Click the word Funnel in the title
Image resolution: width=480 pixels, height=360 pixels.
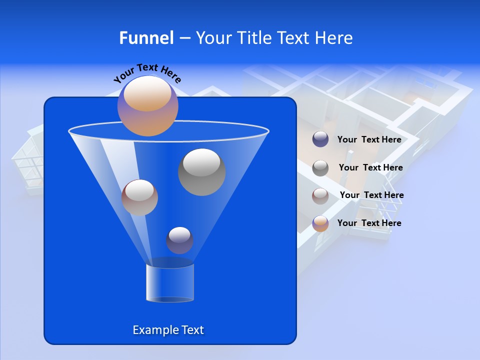point(146,38)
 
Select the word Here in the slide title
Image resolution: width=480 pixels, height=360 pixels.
point(334,38)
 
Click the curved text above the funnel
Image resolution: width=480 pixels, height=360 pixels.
point(147,72)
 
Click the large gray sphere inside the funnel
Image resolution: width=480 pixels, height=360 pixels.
point(201,172)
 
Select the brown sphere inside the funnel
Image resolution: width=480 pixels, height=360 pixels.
point(139,197)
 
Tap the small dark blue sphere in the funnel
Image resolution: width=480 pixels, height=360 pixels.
point(179,240)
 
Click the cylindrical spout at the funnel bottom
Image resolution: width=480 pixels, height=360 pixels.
point(169,282)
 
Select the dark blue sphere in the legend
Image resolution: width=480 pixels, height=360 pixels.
point(320,139)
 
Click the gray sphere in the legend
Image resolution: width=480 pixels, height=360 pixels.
point(320,168)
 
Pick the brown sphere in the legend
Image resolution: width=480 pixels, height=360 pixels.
point(320,195)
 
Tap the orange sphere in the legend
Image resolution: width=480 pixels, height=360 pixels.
point(320,223)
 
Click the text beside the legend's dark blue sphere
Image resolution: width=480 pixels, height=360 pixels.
point(369,139)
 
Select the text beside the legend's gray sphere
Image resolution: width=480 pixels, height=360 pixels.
point(370,167)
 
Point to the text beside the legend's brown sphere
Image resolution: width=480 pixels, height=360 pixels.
point(371,195)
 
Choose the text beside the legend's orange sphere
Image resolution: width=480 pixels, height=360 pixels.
point(369,223)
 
